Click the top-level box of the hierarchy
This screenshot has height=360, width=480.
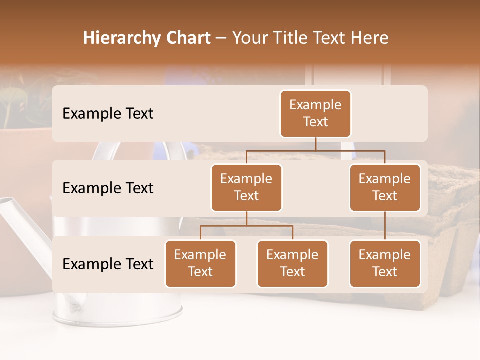point(315,113)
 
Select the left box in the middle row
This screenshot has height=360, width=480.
point(246,187)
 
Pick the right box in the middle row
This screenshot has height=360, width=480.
point(385,187)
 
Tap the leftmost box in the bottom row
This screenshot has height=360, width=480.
point(200,263)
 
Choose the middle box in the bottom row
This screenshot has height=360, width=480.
point(292,263)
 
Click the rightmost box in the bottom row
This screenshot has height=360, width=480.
point(385,263)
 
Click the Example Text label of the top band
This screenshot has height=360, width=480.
point(108,113)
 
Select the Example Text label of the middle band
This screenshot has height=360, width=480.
point(108,188)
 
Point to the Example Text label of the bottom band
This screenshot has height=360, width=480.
point(108,264)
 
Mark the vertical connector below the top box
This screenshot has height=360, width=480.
point(315,144)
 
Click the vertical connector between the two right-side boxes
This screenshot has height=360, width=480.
point(385,226)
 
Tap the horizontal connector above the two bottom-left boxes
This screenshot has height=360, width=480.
point(246,226)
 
